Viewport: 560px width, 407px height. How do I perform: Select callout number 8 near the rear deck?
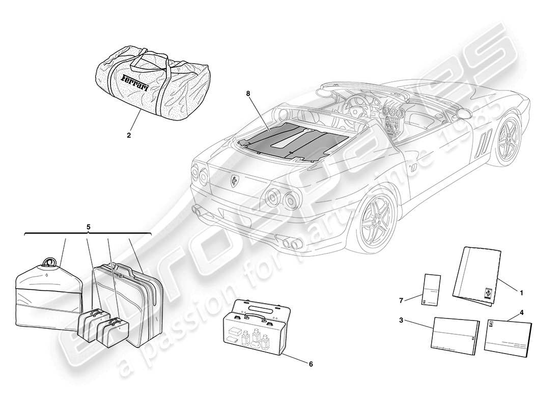(261, 93)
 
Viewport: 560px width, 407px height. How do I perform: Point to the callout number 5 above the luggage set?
(88, 226)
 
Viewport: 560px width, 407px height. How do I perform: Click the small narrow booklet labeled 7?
(430, 291)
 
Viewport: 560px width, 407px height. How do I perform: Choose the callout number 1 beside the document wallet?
(521, 293)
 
